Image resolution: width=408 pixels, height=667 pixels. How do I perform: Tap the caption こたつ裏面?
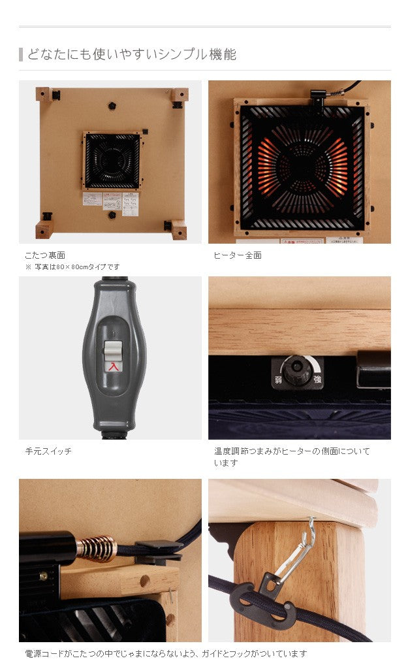click(x=44, y=255)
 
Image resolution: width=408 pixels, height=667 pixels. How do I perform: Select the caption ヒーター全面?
click(x=238, y=255)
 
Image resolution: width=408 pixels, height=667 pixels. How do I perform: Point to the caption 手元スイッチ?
click(x=48, y=451)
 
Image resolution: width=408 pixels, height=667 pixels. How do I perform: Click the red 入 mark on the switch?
click(x=114, y=367)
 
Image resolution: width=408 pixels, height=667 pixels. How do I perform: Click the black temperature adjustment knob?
click(x=299, y=370)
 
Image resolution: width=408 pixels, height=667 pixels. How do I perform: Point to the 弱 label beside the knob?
click(x=277, y=380)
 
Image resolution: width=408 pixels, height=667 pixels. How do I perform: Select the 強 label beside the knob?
click(x=318, y=379)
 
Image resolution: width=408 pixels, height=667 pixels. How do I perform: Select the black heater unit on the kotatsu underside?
click(x=112, y=161)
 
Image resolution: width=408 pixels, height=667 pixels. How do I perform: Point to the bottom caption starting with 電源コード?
click(x=165, y=653)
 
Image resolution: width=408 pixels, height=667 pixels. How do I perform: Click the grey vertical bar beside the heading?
click(x=21, y=54)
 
